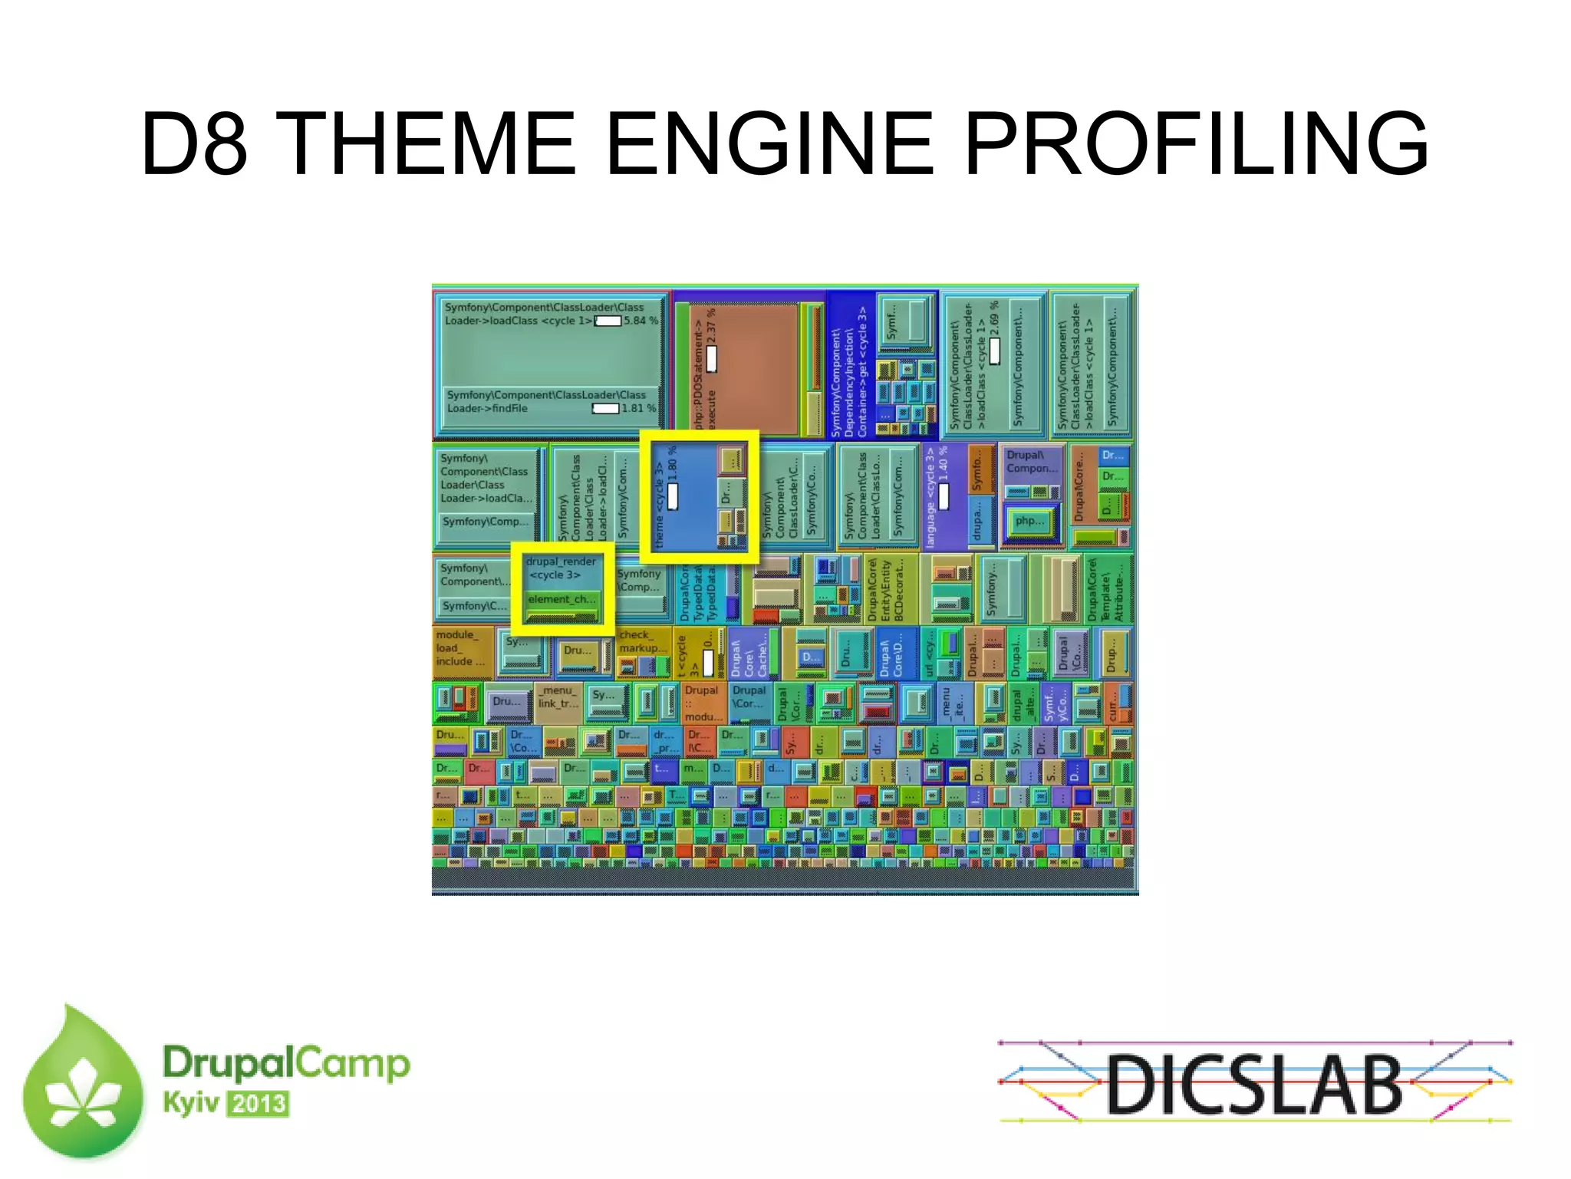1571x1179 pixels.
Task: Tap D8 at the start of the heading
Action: [193, 143]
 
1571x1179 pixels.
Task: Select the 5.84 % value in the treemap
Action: [641, 321]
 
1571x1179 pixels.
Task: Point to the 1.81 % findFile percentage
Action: [638, 408]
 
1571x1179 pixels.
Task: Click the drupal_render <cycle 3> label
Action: [561, 568]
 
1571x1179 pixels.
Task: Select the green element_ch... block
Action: [561, 600]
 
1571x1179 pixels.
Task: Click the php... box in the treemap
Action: [1029, 522]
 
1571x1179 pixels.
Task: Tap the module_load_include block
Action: [460, 648]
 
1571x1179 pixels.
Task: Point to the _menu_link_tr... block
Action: [558, 697]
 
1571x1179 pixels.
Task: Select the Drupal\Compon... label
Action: [1032, 462]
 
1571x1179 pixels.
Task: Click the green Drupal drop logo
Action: [83, 1085]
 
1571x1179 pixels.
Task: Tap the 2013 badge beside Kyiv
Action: [259, 1105]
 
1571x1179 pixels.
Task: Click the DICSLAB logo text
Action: [1254, 1084]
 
